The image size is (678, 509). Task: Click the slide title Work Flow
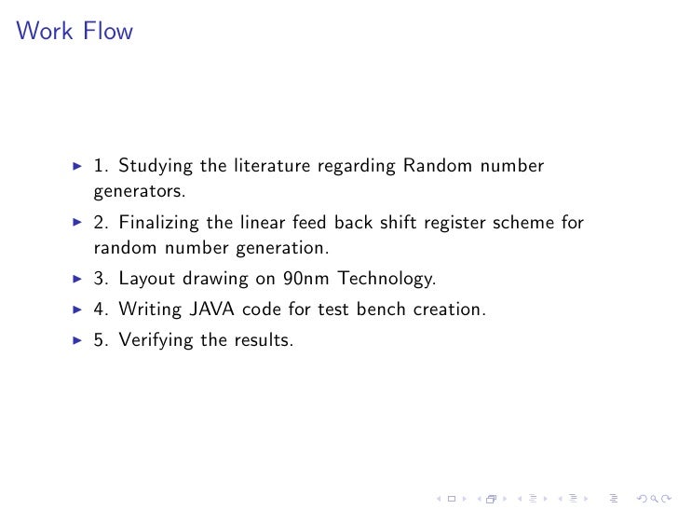[x=75, y=33]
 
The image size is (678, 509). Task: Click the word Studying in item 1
[x=154, y=168]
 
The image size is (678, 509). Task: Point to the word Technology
[x=386, y=279]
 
